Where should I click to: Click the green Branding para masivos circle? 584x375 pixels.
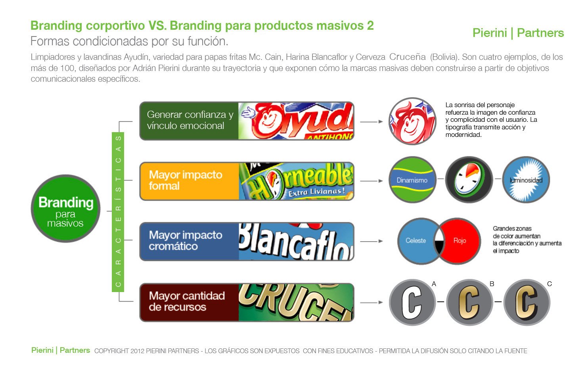[x=65, y=209]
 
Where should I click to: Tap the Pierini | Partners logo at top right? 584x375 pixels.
[x=518, y=33]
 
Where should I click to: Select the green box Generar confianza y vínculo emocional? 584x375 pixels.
[x=189, y=120]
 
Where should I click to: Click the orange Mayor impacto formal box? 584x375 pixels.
[x=189, y=181]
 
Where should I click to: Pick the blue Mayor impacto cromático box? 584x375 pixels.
[x=189, y=241]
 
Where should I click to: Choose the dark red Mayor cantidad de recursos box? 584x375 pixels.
[x=189, y=302]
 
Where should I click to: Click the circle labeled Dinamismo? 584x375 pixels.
[x=412, y=180]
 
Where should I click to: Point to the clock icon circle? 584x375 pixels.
[x=469, y=180]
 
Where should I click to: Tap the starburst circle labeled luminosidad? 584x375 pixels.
[x=526, y=180]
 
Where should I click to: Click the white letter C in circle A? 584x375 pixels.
[x=412, y=302]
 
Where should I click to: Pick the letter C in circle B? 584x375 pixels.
[x=469, y=302]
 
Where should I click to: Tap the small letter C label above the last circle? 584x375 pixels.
[x=549, y=284]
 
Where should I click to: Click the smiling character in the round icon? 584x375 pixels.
[x=412, y=121]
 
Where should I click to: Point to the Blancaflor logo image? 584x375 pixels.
[x=296, y=241]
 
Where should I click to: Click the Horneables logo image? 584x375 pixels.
[x=296, y=181]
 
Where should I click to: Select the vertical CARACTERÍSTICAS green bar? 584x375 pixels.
[x=118, y=212]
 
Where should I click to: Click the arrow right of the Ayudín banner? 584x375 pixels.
[x=371, y=121]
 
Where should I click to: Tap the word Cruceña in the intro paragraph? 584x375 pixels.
[x=408, y=57]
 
